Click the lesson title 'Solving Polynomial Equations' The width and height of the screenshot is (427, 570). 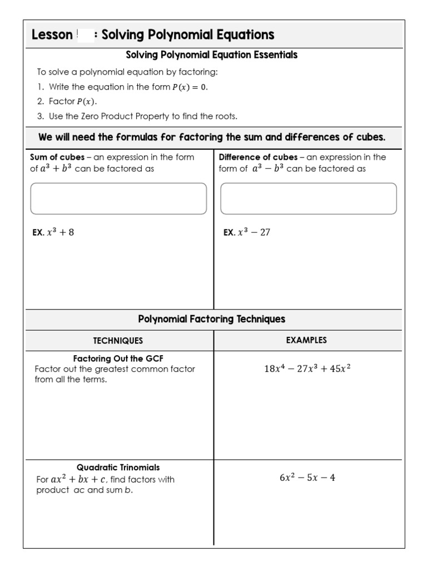pyautogui.click(x=188, y=35)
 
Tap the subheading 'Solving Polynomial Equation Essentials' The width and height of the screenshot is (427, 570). pyautogui.click(x=212, y=55)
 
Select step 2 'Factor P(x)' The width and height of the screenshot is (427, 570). pyautogui.click(x=72, y=101)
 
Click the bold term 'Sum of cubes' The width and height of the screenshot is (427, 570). pyautogui.click(x=57, y=158)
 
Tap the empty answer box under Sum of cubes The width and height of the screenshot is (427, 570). pyautogui.click(x=118, y=199)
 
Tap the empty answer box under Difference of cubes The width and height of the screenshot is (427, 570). pyautogui.click(x=309, y=199)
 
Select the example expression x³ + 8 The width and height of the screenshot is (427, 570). pyautogui.click(x=61, y=233)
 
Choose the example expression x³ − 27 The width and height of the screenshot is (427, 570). pyautogui.click(x=254, y=233)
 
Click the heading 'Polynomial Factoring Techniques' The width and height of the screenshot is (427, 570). pyautogui.click(x=212, y=320)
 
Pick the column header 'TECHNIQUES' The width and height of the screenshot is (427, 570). pyautogui.click(x=118, y=341)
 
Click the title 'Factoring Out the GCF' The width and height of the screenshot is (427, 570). pyautogui.click(x=118, y=358)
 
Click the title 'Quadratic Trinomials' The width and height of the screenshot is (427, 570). pyautogui.click(x=118, y=468)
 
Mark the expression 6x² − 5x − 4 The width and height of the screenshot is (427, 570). pyautogui.click(x=307, y=478)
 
